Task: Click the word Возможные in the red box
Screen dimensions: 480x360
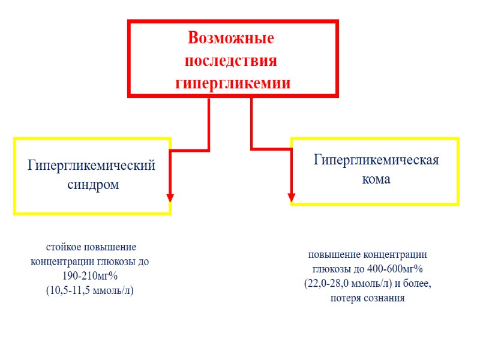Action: coord(231,38)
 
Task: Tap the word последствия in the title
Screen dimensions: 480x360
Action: coord(231,61)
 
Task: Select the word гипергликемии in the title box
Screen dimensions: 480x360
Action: coord(232,82)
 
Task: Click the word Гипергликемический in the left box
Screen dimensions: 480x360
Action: coord(91,165)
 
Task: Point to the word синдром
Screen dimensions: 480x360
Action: coord(91,184)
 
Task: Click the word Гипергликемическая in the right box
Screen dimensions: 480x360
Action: coord(377,160)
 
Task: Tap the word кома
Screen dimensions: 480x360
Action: coord(376,179)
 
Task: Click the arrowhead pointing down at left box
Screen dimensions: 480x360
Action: coord(170,197)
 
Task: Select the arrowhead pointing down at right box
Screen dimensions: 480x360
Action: coord(292,196)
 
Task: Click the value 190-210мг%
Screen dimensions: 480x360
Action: coord(89,276)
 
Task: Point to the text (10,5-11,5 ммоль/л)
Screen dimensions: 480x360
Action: coord(89,290)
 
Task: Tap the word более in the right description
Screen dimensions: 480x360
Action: coord(415,283)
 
